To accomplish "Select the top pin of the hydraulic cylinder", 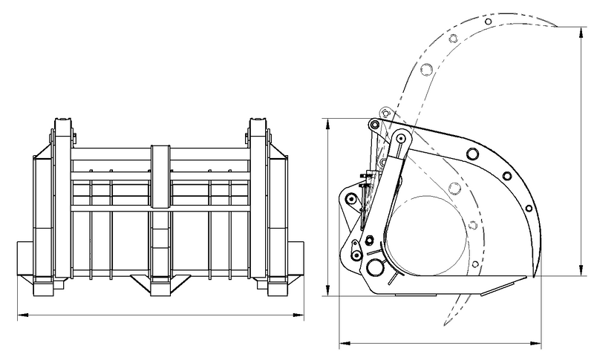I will click(x=401, y=138).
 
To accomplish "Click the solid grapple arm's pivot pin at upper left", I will click(x=375, y=123).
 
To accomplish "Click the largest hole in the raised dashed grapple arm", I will click(x=427, y=69).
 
